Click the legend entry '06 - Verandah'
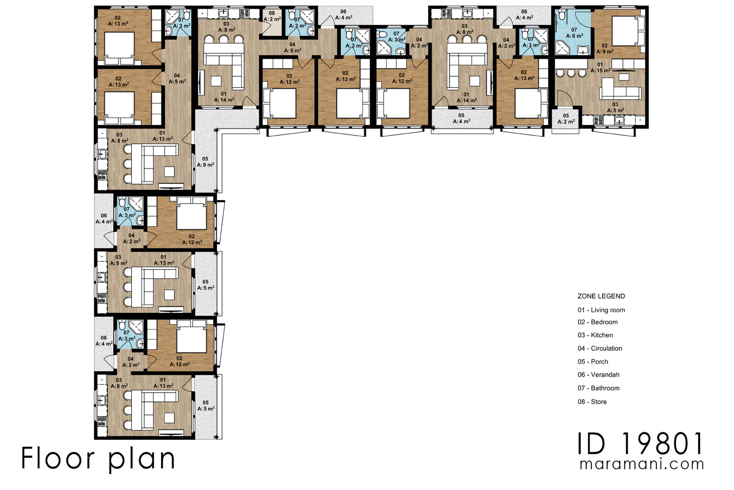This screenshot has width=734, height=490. pos(598,375)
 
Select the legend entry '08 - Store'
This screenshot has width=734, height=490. pos(592,402)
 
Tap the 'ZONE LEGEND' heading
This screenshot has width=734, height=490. pos(601,296)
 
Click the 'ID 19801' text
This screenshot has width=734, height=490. pos(639,444)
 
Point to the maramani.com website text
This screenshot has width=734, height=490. pos(641,464)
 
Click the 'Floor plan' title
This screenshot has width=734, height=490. pos(98,458)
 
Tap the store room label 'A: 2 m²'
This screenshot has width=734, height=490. pos(272,19)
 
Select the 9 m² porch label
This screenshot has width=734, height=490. pos(205,164)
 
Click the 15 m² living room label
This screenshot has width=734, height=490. pos(601,71)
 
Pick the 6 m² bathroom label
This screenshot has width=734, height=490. pos(574,35)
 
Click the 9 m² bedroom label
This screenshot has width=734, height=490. pos(605,51)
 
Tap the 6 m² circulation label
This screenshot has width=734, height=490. pos(292,51)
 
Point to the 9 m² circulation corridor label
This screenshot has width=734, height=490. pos(177,81)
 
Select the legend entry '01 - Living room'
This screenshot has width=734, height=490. pos(601,310)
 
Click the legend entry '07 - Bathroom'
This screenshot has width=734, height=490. pos(598,388)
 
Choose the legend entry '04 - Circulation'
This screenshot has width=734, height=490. pos(600,349)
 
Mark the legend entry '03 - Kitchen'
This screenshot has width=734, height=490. pos(595,335)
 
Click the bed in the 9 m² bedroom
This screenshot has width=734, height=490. pos(628,31)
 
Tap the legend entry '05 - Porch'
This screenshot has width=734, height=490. pos(593,362)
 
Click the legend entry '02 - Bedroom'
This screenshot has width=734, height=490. pos(597,322)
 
